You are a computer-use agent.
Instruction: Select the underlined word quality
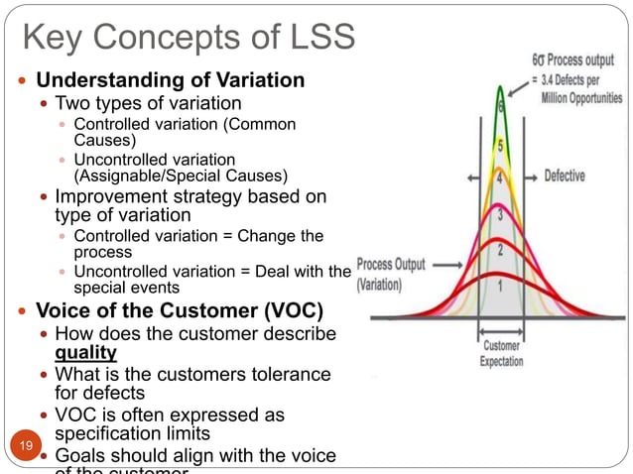[x=86, y=352]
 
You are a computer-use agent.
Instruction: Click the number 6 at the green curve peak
[x=501, y=104]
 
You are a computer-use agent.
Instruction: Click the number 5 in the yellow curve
[x=500, y=146]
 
